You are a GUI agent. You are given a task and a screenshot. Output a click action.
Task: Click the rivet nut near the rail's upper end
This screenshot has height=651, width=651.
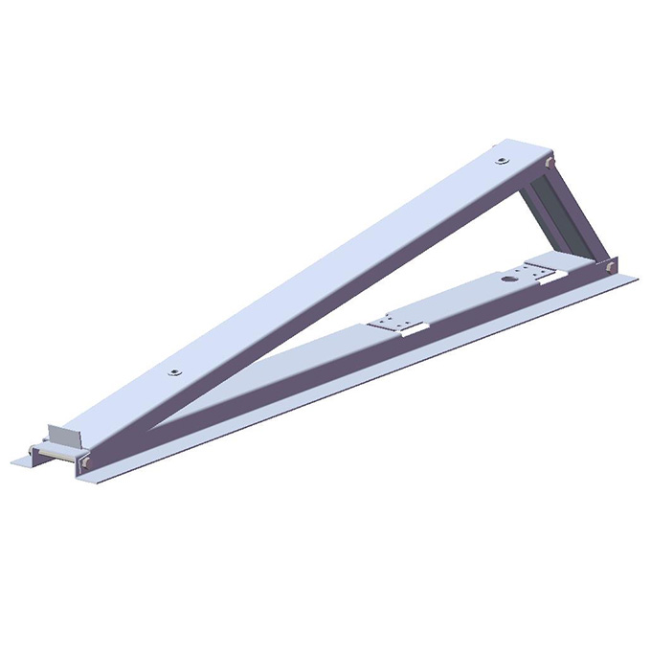[502, 160]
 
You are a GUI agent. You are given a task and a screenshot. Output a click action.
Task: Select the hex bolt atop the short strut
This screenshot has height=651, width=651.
[548, 167]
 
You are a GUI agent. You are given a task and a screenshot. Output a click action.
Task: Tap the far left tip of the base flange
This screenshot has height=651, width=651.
[13, 462]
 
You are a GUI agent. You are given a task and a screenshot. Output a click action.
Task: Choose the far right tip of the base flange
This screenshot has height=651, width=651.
[637, 279]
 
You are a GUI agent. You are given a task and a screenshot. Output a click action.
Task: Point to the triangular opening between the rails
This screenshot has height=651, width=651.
[383, 287]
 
